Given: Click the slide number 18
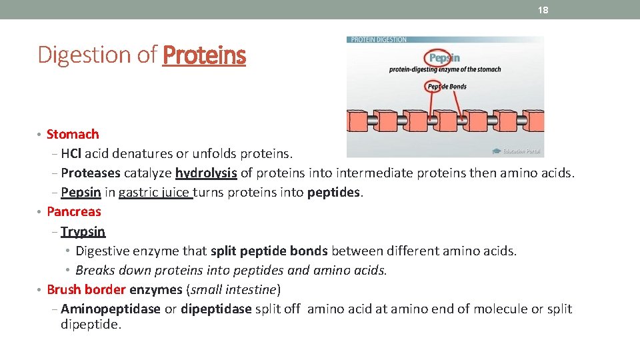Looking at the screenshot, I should (x=543, y=10).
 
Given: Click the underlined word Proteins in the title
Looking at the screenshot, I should (x=204, y=55).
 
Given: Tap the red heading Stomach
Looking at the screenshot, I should (x=73, y=135).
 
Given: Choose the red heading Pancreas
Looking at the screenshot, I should (x=74, y=212).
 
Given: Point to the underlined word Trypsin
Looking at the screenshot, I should (x=83, y=231).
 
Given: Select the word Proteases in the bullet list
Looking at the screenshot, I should (x=91, y=173).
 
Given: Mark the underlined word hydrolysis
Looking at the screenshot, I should (x=206, y=173).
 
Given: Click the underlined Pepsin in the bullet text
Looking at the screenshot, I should (x=81, y=193).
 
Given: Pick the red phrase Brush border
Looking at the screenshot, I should (x=86, y=290).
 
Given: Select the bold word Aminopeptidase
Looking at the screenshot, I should (x=111, y=309).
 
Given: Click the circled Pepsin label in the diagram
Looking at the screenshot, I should (x=444, y=58).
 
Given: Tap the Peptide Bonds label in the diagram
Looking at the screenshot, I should (x=447, y=87).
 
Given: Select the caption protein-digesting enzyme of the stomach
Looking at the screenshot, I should (x=445, y=70).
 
